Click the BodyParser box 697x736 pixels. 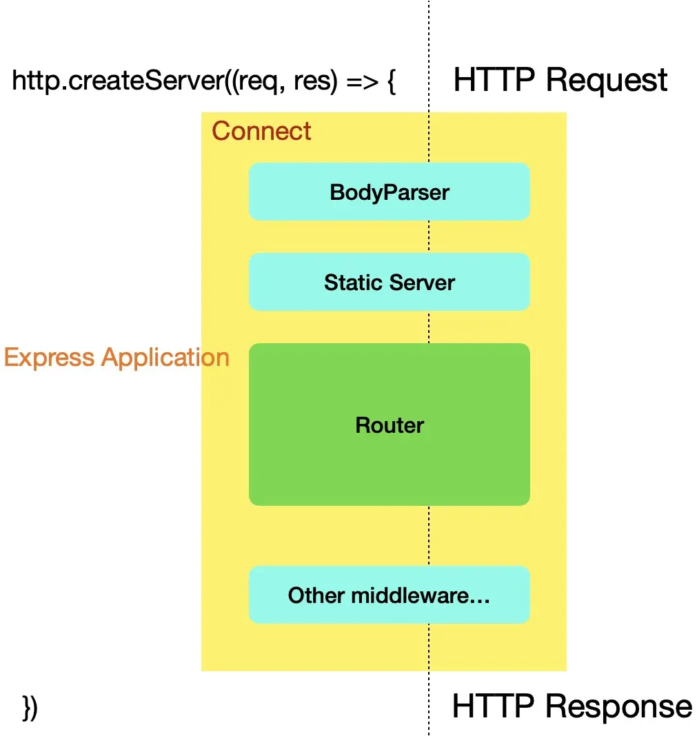point(389,192)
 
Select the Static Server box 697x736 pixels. point(389,282)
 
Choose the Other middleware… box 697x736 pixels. point(389,595)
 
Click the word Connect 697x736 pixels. point(261,131)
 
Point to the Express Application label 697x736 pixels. point(116,358)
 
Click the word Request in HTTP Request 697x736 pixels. point(606,81)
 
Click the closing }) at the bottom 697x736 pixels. point(30,708)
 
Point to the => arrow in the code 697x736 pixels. point(358,82)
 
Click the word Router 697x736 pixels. point(389,425)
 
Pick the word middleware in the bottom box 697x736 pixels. point(421,595)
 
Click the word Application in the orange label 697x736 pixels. point(165,358)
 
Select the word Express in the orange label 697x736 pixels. point(49,358)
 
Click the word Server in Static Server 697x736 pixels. point(423,282)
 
